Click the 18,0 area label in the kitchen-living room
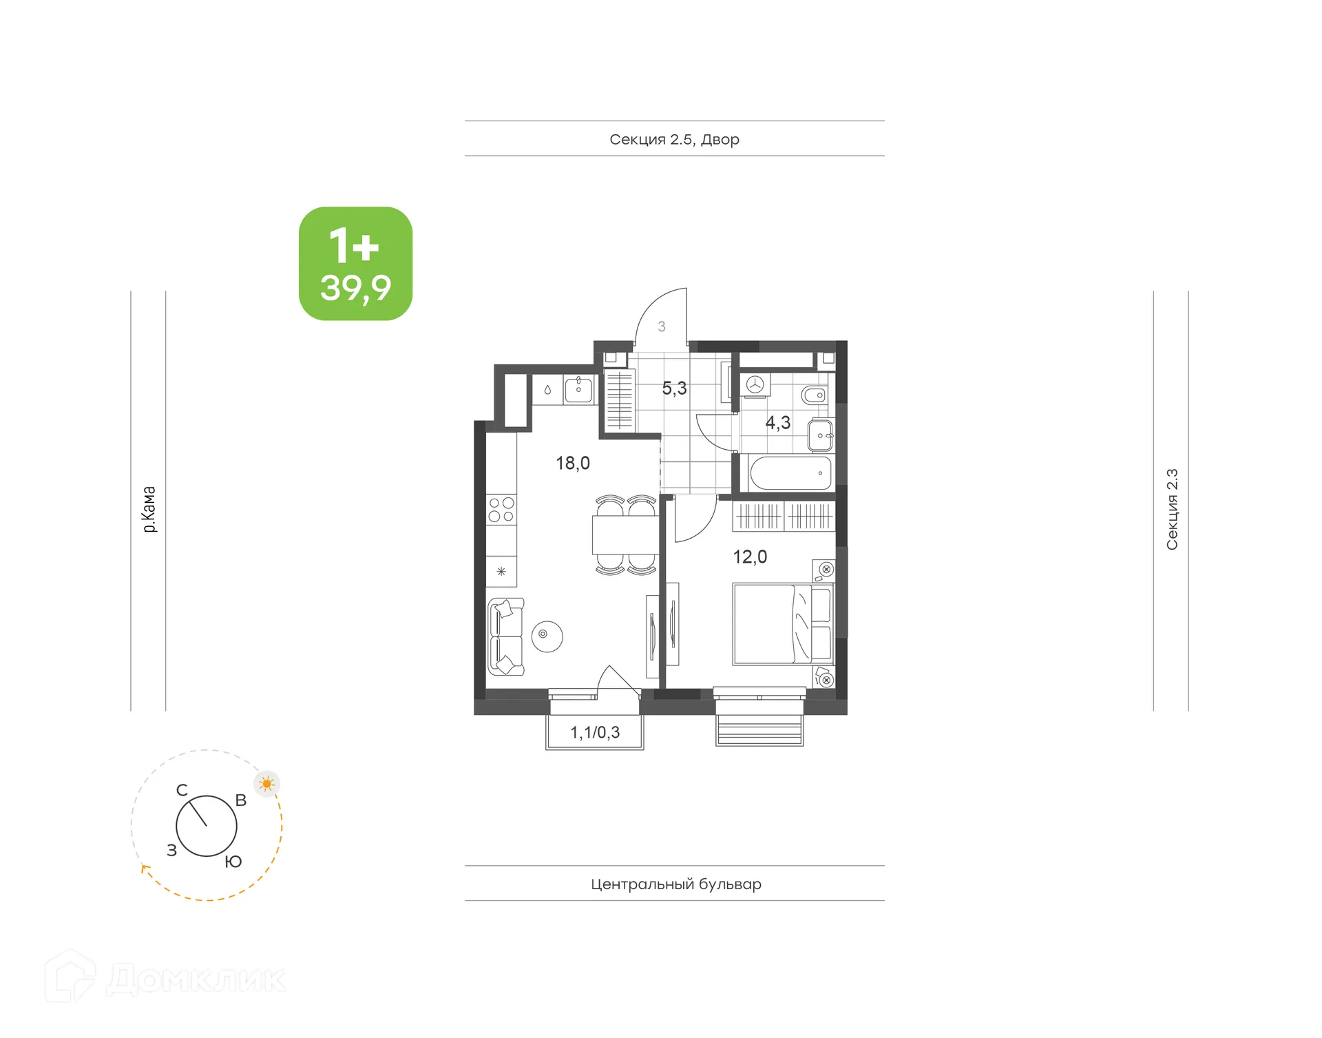pyautogui.click(x=572, y=463)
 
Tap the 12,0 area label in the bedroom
pyautogui.click(x=749, y=557)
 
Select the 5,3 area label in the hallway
pyautogui.click(x=674, y=388)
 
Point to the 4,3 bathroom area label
pyautogui.click(x=777, y=423)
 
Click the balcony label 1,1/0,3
pyautogui.click(x=595, y=732)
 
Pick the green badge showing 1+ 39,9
pyautogui.click(x=355, y=264)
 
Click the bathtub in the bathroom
pyautogui.click(x=790, y=473)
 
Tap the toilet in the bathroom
pyautogui.click(x=814, y=395)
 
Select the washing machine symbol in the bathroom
pyautogui.click(x=755, y=384)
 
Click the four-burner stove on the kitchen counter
pyautogui.click(x=501, y=510)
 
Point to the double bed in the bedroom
pyautogui.click(x=783, y=624)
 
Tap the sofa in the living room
pyautogui.click(x=505, y=636)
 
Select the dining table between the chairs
pyautogui.click(x=625, y=535)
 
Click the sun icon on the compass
pyautogui.click(x=266, y=783)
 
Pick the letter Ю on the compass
pyautogui.click(x=233, y=862)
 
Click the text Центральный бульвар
pyautogui.click(x=675, y=884)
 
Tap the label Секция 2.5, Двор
pyautogui.click(x=674, y=139)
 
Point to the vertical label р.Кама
pyautogui.click(x=149, y=509)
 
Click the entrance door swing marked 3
pyautogui.click(x=661, y=321)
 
